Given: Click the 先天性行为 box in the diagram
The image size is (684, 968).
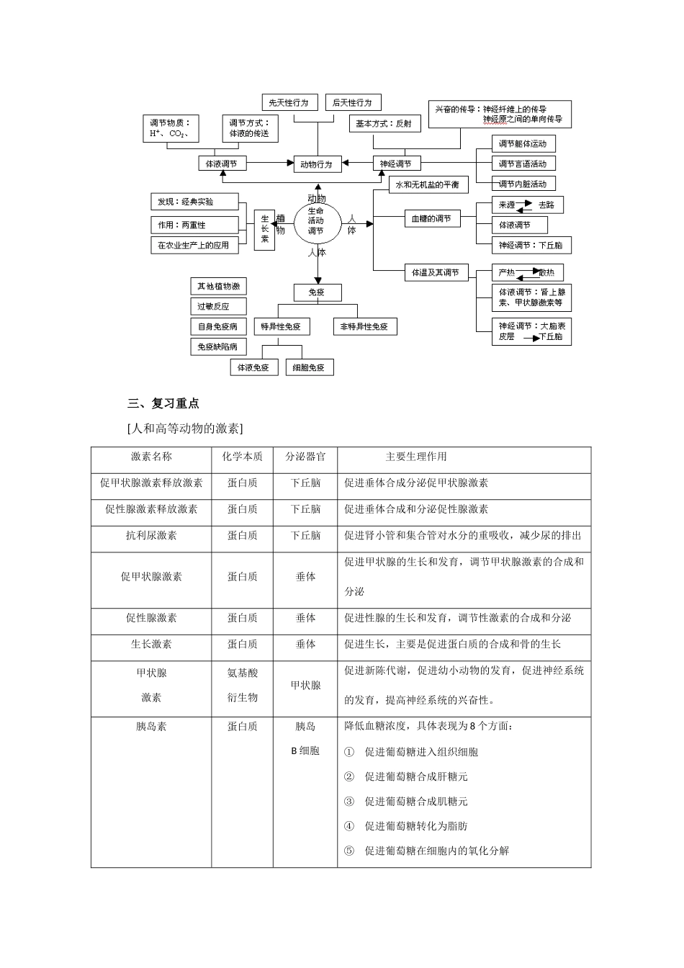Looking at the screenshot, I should (289, 103).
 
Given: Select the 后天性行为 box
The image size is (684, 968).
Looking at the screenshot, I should (352, 103).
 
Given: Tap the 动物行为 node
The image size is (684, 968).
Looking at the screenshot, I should (316, 164).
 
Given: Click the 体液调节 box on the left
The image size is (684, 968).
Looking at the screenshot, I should (222, 164).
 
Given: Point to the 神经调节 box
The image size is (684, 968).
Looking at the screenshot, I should (396, 164).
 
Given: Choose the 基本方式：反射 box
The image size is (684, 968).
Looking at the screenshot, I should (384, 124).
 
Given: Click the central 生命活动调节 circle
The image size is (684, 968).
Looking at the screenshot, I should (316, 220).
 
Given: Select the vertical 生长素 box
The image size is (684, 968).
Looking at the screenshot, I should (264, 229).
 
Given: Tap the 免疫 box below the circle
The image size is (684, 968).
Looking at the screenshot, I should (317, 292).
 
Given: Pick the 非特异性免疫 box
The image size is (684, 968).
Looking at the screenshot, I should (364, 327).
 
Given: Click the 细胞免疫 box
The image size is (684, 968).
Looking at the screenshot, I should (309, 367).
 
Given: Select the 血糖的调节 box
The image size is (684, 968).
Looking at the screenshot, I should (431, 219).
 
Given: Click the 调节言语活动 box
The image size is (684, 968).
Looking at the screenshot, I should (523, 164).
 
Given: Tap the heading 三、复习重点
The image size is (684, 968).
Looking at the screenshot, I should (163, 403).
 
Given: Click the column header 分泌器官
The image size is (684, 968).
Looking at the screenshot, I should (305, 457).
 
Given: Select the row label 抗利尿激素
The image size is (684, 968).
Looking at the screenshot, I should (151, 536).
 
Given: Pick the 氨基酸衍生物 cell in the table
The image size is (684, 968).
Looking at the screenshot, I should (242, 685).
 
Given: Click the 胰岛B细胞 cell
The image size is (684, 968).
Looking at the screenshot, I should (305, 738).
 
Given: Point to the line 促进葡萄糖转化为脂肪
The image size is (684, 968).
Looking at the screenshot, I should (416, 826).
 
